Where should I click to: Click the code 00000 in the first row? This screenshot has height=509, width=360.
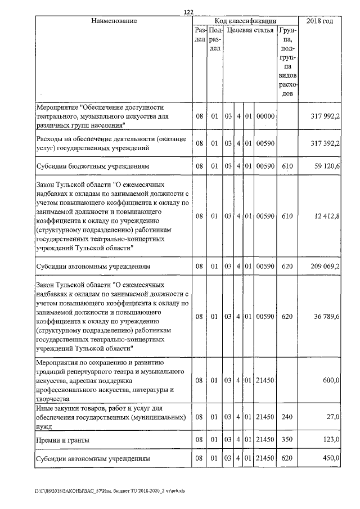(264, 116)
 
